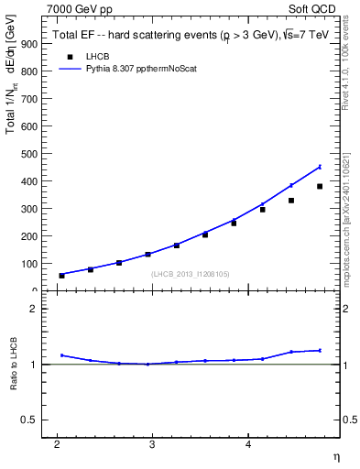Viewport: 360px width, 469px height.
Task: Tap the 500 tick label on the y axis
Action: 29,154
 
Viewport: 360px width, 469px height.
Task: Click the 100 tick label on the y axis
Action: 29,264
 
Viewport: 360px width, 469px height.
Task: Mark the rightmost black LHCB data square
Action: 320,187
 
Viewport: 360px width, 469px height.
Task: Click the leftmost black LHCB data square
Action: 61,275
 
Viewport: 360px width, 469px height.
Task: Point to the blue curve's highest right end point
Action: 320,167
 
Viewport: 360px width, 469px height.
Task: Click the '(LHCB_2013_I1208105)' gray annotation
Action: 189,273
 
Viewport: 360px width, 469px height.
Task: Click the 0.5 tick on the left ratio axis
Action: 33,420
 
